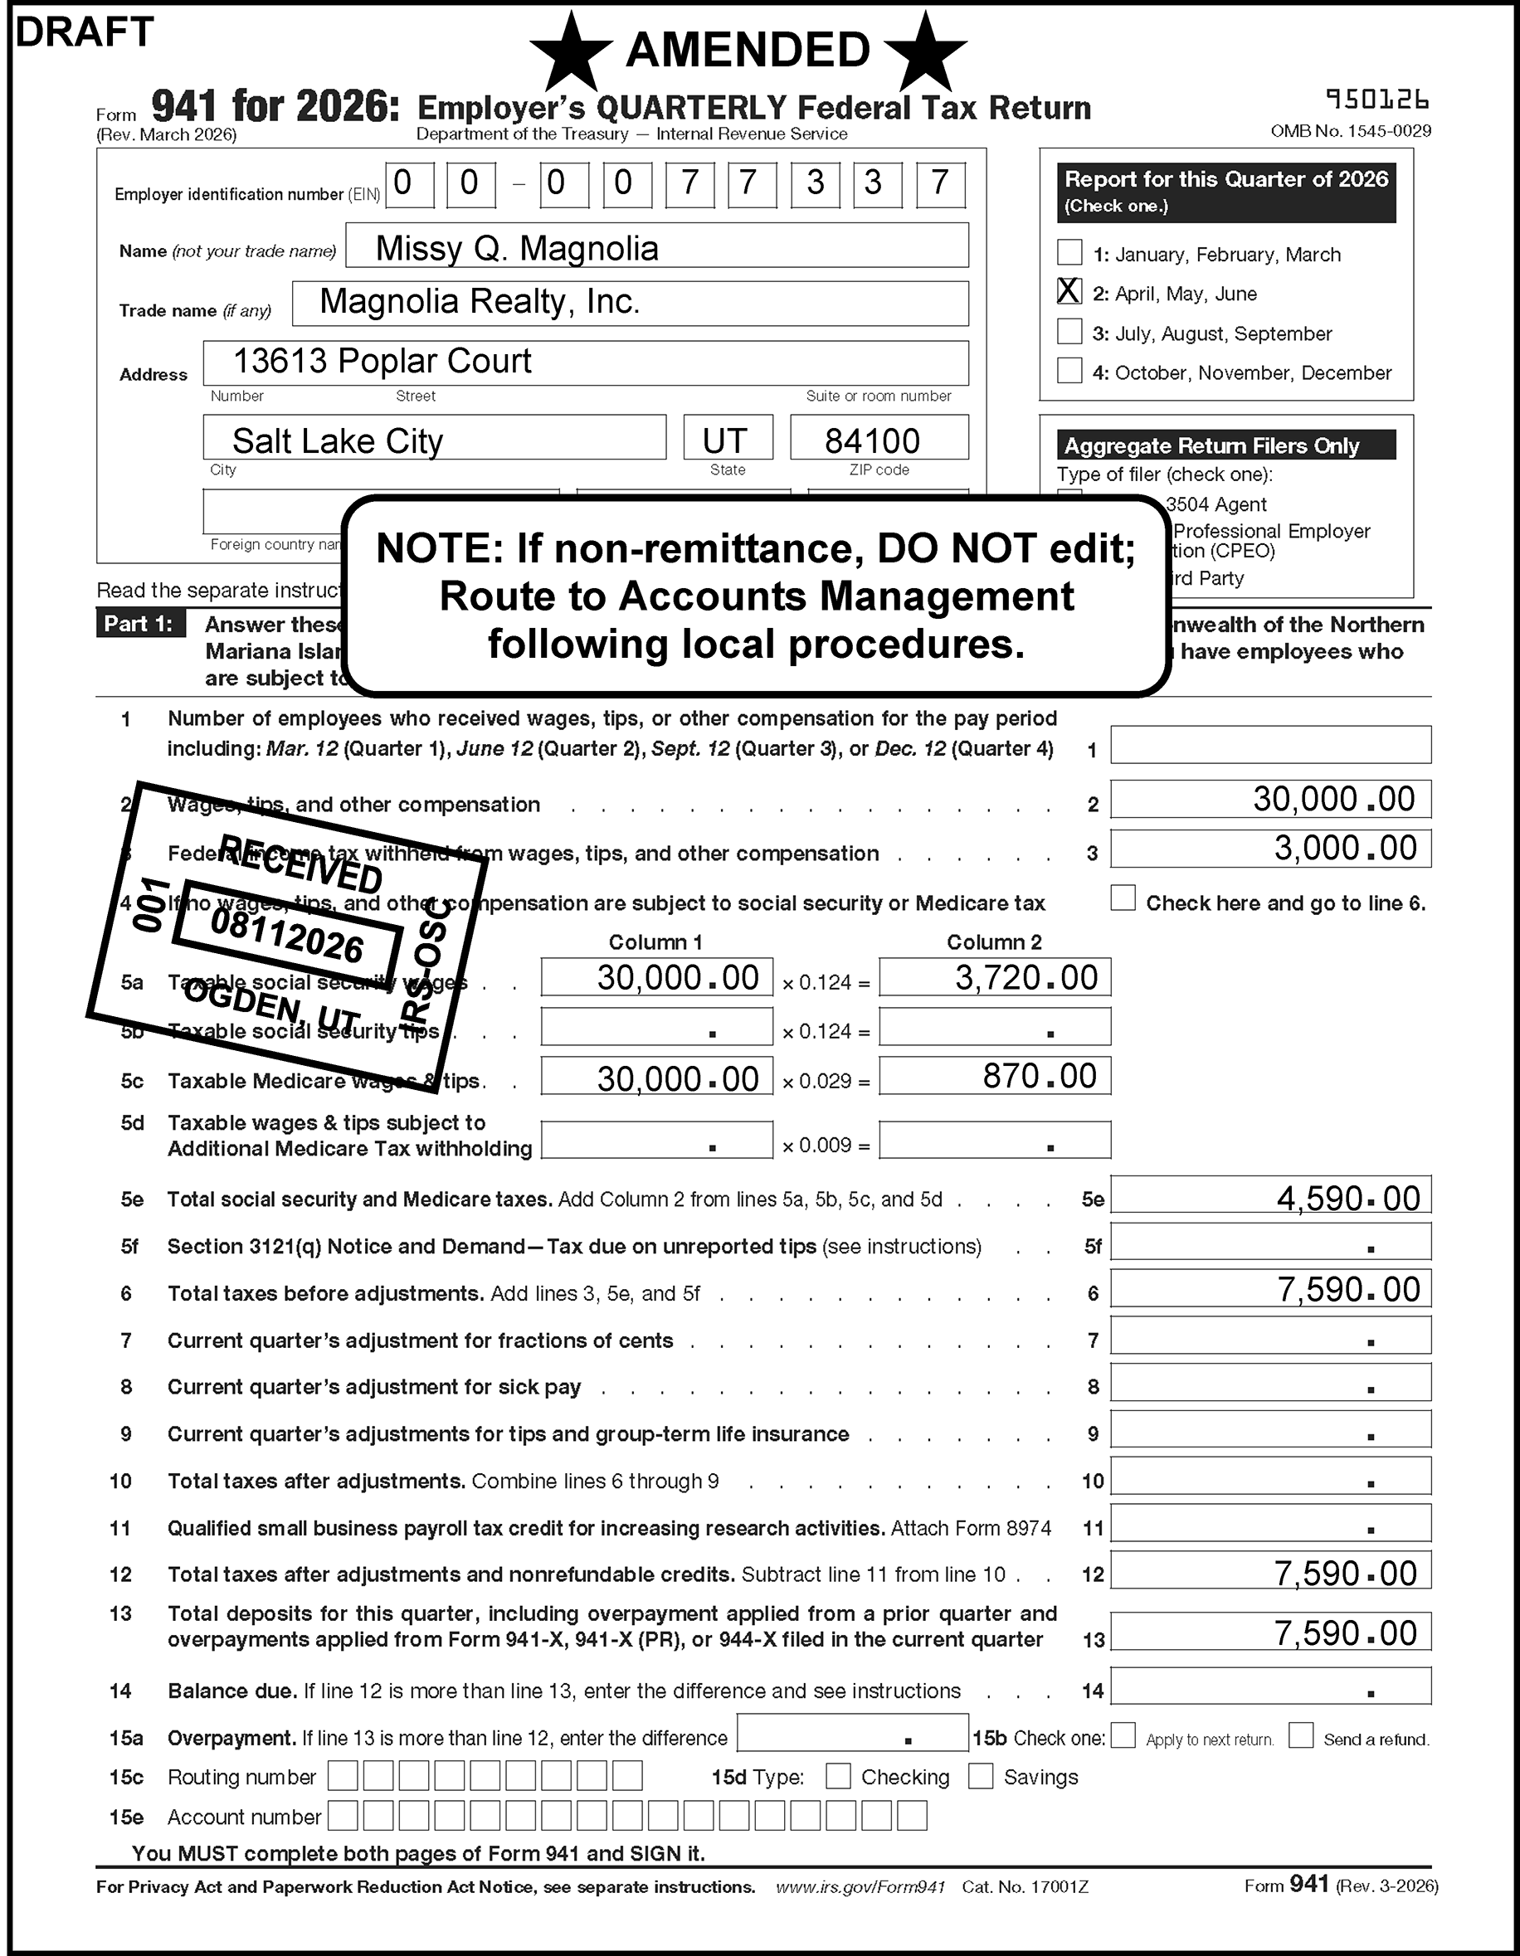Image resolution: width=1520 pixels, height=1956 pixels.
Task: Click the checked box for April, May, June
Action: coord(1069,291)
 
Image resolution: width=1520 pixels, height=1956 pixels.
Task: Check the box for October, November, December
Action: coord(1069,370)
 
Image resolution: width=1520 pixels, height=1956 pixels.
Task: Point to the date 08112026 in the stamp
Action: coord(286,936)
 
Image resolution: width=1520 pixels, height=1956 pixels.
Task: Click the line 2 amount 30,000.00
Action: coord(1332,799)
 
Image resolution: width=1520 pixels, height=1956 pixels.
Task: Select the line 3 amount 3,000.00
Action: coord(1344,848)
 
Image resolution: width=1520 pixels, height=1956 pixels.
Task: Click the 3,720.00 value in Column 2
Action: coord(1026,977)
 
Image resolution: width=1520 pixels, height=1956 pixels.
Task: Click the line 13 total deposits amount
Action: coord(1344,1632)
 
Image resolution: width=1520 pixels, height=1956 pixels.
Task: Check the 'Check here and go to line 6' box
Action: coord(1123,898)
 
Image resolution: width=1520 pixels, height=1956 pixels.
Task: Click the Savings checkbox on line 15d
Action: coord(981,1776)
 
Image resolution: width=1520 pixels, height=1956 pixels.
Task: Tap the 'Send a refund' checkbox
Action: coord(1301,1735)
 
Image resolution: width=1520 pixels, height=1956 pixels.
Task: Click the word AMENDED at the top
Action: coord(748,49)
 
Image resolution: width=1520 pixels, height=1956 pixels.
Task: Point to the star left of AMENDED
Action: coord(572,52)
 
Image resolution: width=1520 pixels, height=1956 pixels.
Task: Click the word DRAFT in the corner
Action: coord(85,32)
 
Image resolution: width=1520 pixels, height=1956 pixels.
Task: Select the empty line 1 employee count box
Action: coord(1270,745)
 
